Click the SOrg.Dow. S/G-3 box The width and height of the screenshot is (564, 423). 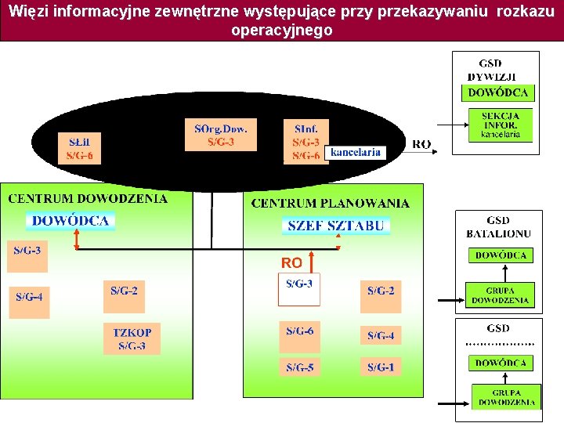point(220,134)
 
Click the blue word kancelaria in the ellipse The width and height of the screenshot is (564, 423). point(355,152)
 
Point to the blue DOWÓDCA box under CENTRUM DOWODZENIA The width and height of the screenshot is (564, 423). point(70,221)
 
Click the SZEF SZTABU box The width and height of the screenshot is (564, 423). point(336,226)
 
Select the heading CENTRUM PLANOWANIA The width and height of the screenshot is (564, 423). point(330,204)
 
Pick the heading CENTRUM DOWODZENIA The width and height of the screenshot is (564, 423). point(88,199)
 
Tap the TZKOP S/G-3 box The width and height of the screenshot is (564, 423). point(132,338)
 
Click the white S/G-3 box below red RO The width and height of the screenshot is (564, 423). point(298,289)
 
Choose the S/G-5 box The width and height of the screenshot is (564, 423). point(299,367)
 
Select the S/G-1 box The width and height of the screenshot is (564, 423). point(381,367)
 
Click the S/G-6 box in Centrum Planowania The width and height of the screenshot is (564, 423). point(299,331)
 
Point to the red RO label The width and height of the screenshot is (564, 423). point(291,262)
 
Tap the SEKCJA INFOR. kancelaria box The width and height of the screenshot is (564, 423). point(500,125)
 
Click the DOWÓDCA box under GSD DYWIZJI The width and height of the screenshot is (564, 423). point(497,92)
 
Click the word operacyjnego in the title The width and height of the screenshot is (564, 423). point(281,31)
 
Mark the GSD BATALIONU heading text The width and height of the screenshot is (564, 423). point(498,227)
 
